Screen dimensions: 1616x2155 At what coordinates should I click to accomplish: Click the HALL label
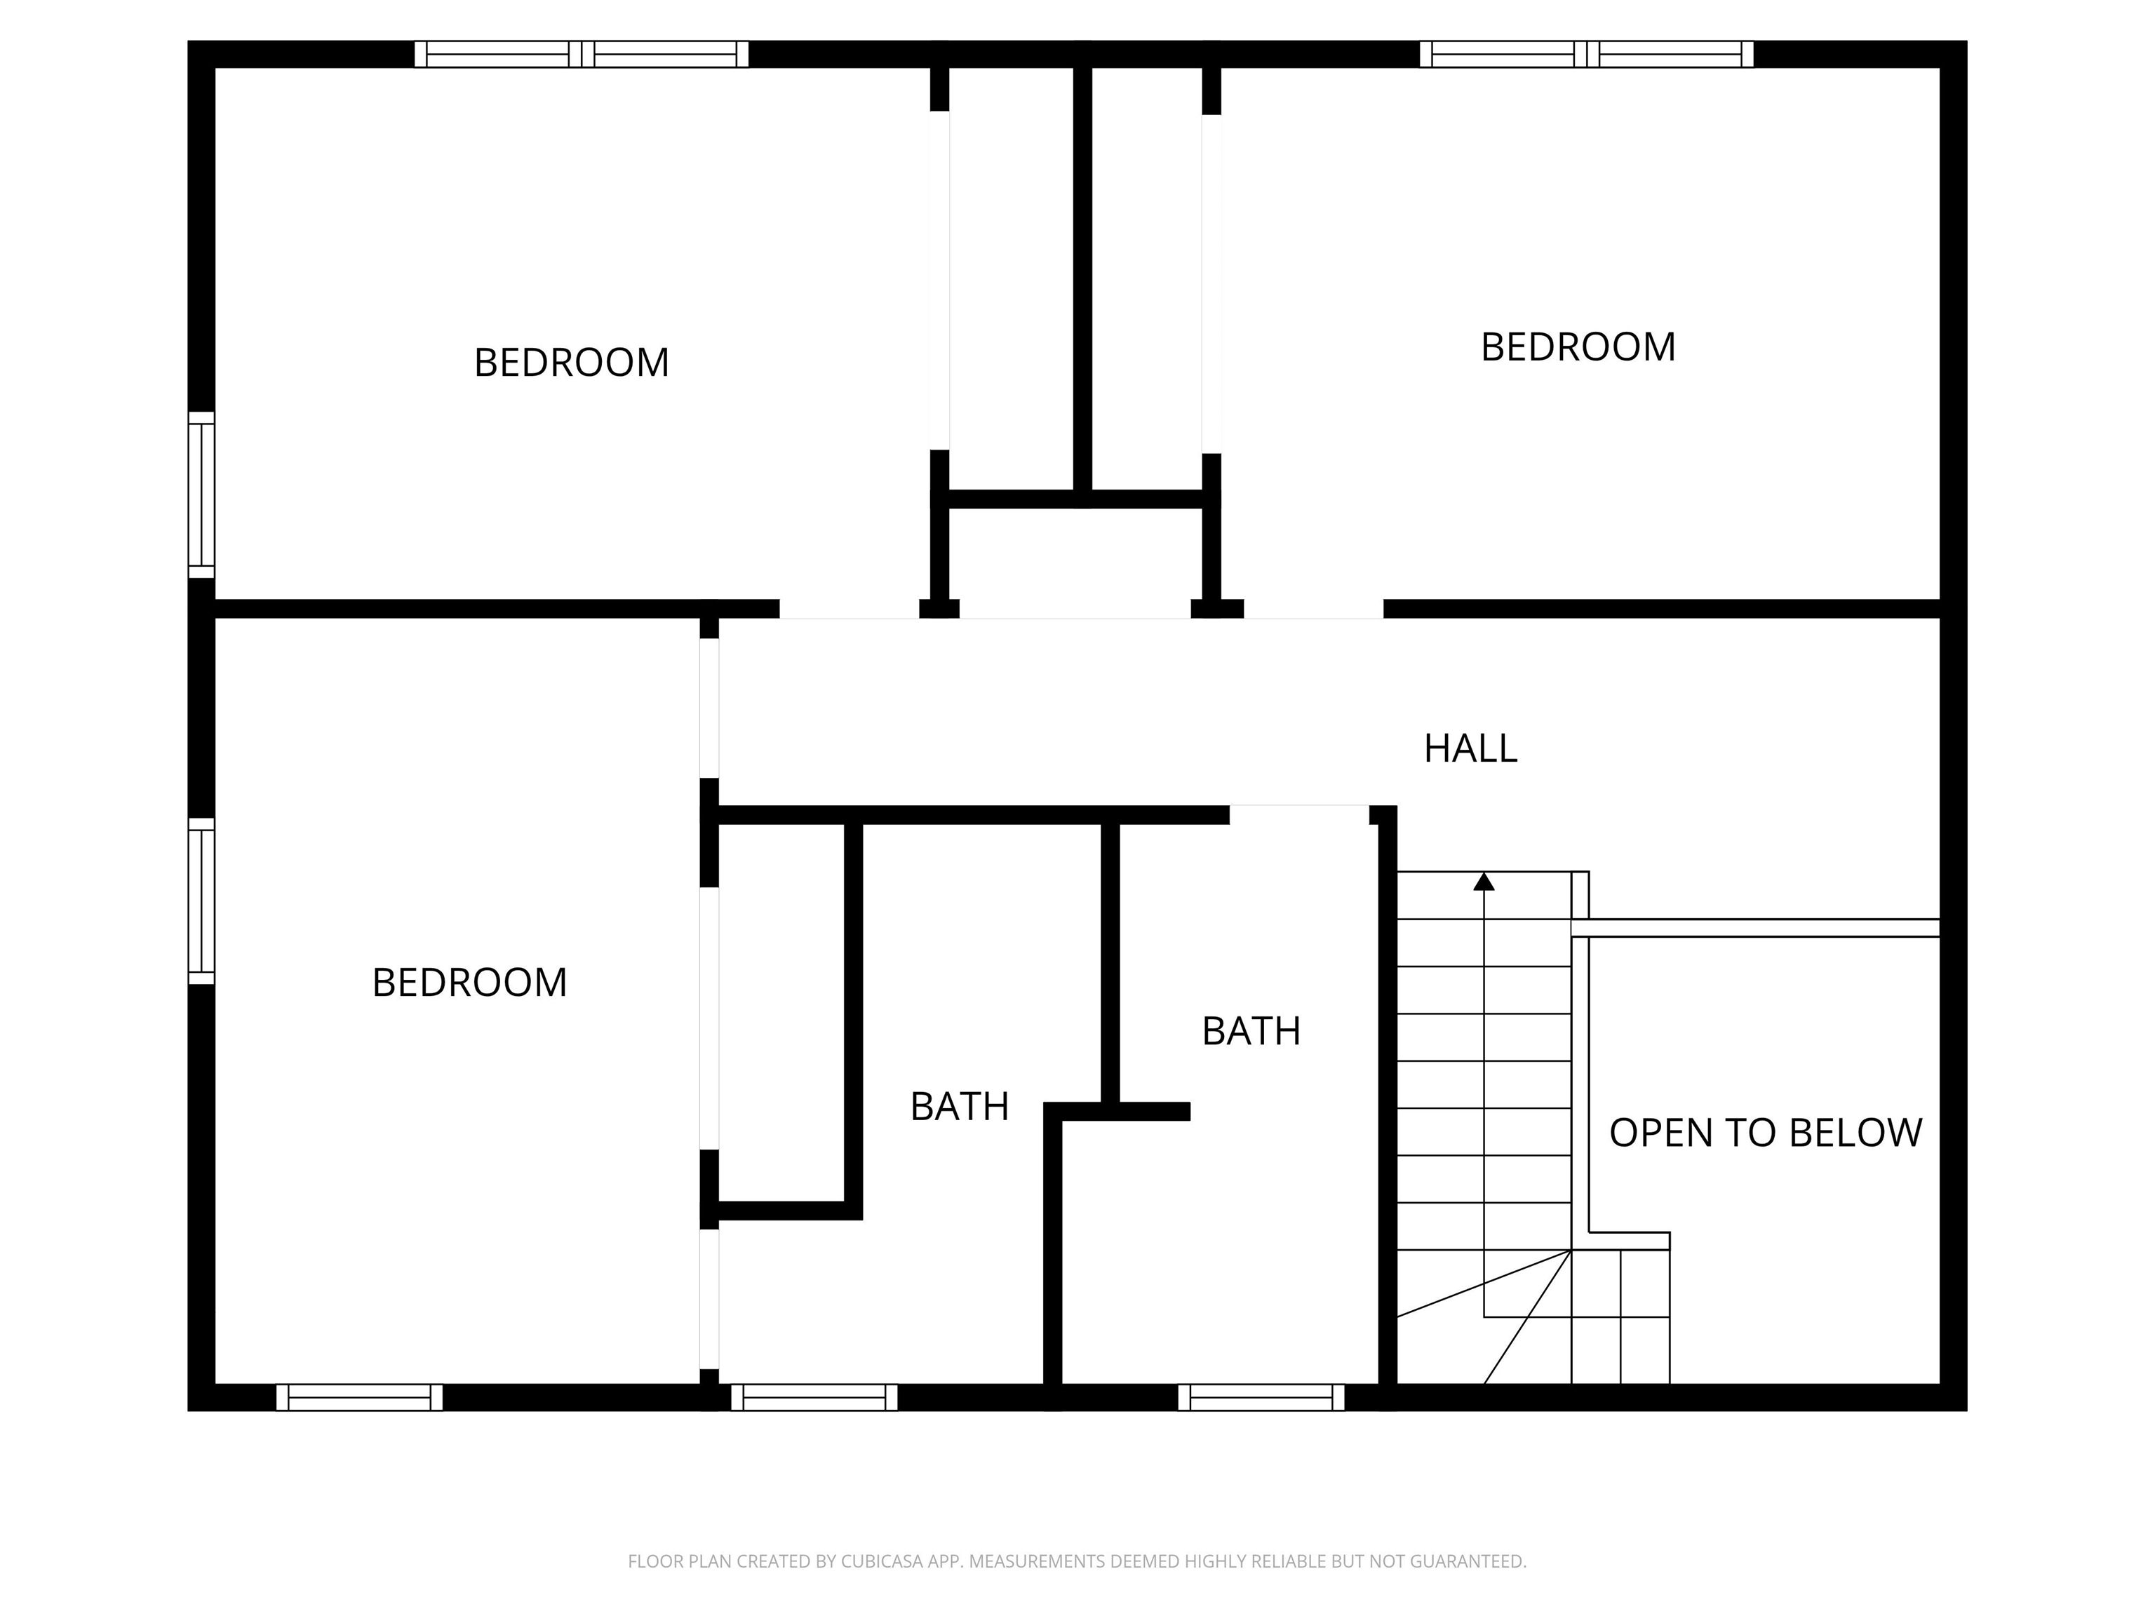1470,748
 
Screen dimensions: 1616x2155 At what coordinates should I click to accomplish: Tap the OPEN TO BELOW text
1764,1133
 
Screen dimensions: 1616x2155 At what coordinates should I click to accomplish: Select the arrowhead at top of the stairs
1484,882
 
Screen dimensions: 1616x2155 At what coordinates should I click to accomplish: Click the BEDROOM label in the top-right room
1577,346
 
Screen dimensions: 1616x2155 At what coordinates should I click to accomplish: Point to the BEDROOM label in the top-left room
571,363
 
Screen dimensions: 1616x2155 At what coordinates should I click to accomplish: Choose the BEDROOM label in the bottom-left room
469,982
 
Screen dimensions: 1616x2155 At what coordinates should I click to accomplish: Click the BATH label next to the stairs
1251,1030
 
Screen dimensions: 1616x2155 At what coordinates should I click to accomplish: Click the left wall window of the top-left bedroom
201,495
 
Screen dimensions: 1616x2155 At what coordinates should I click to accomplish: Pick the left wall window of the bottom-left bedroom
201,901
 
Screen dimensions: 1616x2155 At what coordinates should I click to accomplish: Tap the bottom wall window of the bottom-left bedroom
359,1397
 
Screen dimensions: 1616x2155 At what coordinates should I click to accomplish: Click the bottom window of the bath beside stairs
1261,1397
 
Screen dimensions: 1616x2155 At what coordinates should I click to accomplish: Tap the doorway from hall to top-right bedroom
1313,610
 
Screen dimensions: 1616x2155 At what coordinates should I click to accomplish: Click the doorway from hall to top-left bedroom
849,610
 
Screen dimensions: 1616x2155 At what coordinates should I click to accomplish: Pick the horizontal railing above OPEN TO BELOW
1756,929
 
